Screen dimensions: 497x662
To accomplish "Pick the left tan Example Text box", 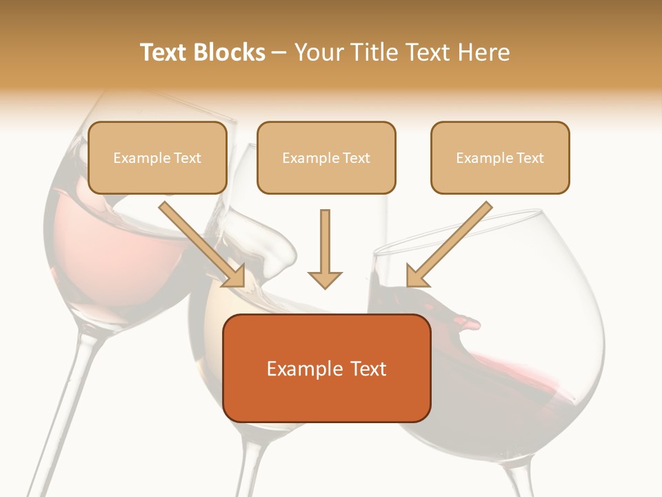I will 157,158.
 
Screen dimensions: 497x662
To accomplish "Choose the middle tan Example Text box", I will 326,158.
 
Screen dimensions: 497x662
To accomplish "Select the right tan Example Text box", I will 500,158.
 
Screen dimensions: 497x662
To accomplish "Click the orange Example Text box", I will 326,368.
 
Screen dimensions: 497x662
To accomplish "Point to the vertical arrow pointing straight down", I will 325,248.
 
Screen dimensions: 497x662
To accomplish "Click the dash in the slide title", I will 279,52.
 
